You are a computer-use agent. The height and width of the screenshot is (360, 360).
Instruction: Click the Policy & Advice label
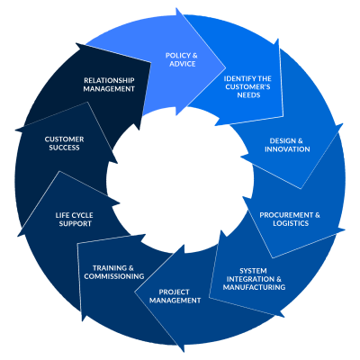tap(182, 59)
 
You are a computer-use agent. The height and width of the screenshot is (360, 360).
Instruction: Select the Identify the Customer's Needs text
tap(247, 87)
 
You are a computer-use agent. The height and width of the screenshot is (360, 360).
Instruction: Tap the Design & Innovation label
tap(287, 145)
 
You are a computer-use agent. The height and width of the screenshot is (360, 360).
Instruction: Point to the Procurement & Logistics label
tap(290, 219)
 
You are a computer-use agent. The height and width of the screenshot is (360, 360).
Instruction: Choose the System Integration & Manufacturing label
tap(254, 279)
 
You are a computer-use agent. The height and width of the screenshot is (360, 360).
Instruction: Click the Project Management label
tap(175, 296)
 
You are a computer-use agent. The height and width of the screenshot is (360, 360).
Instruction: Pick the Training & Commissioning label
tap(114, 272)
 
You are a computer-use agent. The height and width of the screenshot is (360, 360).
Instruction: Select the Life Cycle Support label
tap(75, 220)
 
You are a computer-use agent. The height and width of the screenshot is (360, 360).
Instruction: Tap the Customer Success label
tap(64, 143)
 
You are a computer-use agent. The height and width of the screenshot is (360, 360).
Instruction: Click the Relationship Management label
tap(109, 85)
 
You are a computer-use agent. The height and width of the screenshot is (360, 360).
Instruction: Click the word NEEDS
tap(248, 95)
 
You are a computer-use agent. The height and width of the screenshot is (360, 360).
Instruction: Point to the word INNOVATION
tap(287, 149)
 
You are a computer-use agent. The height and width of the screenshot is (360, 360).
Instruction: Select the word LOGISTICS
tap(291, 223)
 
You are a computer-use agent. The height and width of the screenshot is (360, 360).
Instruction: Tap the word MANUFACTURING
tap(254, 287)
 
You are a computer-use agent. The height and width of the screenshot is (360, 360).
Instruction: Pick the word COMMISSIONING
tap(114, 276)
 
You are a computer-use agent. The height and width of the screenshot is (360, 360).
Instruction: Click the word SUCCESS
tap(64, 148)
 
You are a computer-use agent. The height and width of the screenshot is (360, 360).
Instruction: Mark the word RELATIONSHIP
tap(109, 80)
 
